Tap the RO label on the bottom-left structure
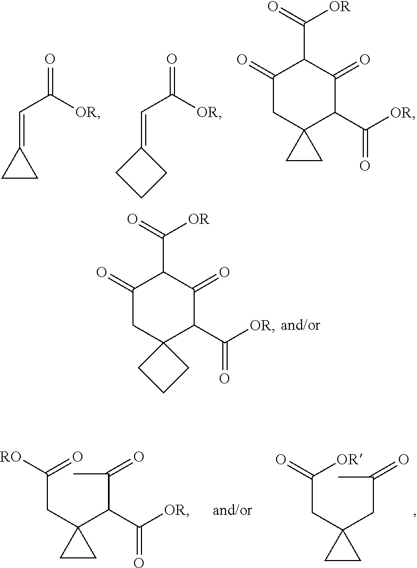[x=11, y=457]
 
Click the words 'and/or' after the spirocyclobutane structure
[x=301, y=325]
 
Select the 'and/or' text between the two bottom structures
[x=232, y=511]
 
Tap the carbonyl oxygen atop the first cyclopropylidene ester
[x=51, y=59]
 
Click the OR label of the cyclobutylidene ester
[x=207, y=113]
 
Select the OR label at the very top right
[x=339, y=6]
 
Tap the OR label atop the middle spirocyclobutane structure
[x=198, y=220]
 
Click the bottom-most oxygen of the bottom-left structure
[x=139, y=563]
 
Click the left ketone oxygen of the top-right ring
[x=241, y=59]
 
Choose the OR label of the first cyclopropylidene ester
[x=86, y=113]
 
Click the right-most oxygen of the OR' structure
[x=403, y=460]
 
